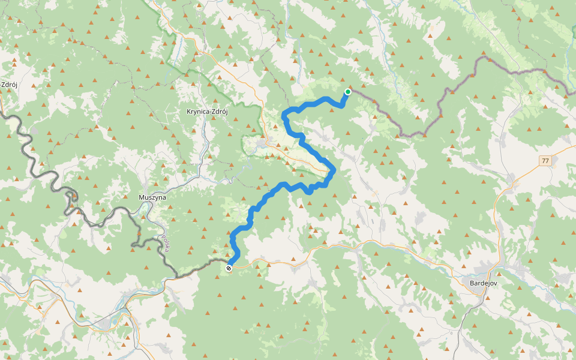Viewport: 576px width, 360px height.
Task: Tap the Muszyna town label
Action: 152,197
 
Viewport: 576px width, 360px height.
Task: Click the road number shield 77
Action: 545,161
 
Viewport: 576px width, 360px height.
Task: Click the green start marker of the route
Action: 347,92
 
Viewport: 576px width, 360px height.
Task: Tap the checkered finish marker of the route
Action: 229,268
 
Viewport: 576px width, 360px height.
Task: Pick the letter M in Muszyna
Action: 142,197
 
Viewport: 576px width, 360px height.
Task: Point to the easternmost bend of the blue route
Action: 334,171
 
